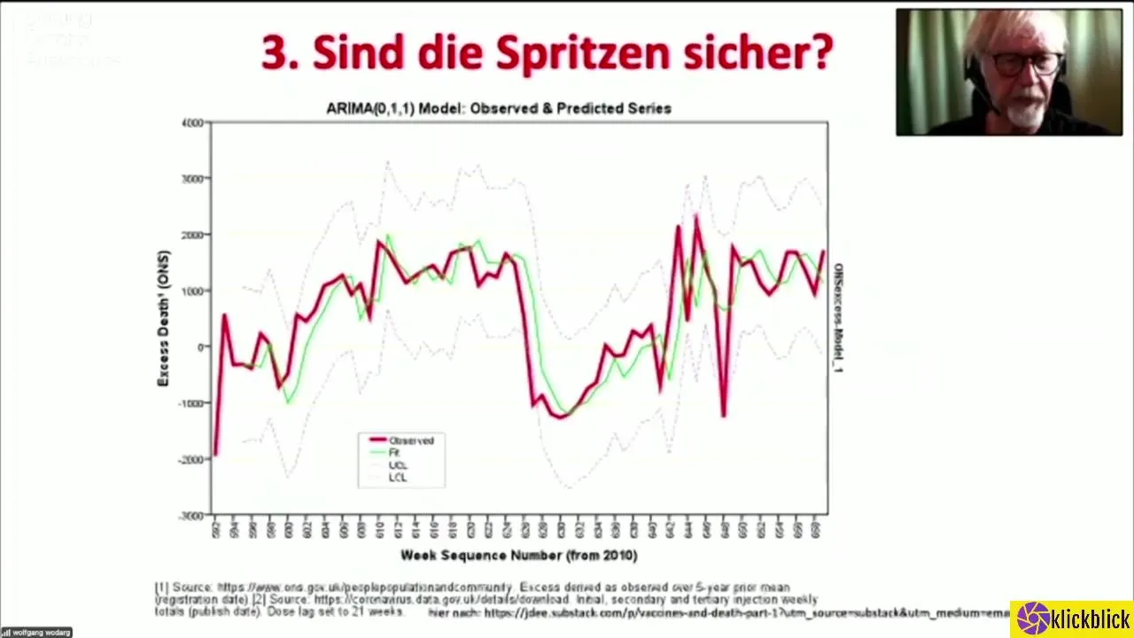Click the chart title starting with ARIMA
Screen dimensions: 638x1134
coord(499,108)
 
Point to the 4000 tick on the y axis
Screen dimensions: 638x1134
coord(192,122)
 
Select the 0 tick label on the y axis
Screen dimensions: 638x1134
coord(200,346)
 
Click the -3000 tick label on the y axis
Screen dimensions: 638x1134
coord(191,516)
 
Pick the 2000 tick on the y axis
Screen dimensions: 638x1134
coord(192,235)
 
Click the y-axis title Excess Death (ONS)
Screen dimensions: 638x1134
coord(163,318)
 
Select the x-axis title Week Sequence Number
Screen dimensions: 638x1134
coord(518,556)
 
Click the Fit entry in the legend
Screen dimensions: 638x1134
coord(394,453)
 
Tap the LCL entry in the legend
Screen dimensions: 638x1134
coord(398,478)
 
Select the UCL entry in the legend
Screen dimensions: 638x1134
coord(398,465)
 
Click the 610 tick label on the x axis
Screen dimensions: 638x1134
coord(379,530)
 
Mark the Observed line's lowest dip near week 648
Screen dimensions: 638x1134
coord(724,415)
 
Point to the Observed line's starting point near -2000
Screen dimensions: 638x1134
coord(215,455)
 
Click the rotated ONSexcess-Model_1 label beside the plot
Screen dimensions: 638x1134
coord(838,318)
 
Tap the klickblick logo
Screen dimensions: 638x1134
coord(1073,619)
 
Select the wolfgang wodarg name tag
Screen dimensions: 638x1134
coord(35,633)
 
